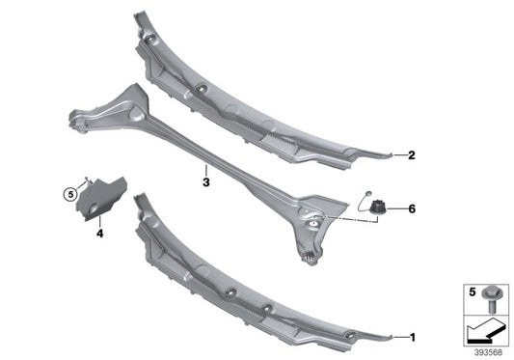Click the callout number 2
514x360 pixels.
point(412,154)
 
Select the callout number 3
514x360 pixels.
point(205,180)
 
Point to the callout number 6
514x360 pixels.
point(412,208)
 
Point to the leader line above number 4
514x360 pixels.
point(100,221)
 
